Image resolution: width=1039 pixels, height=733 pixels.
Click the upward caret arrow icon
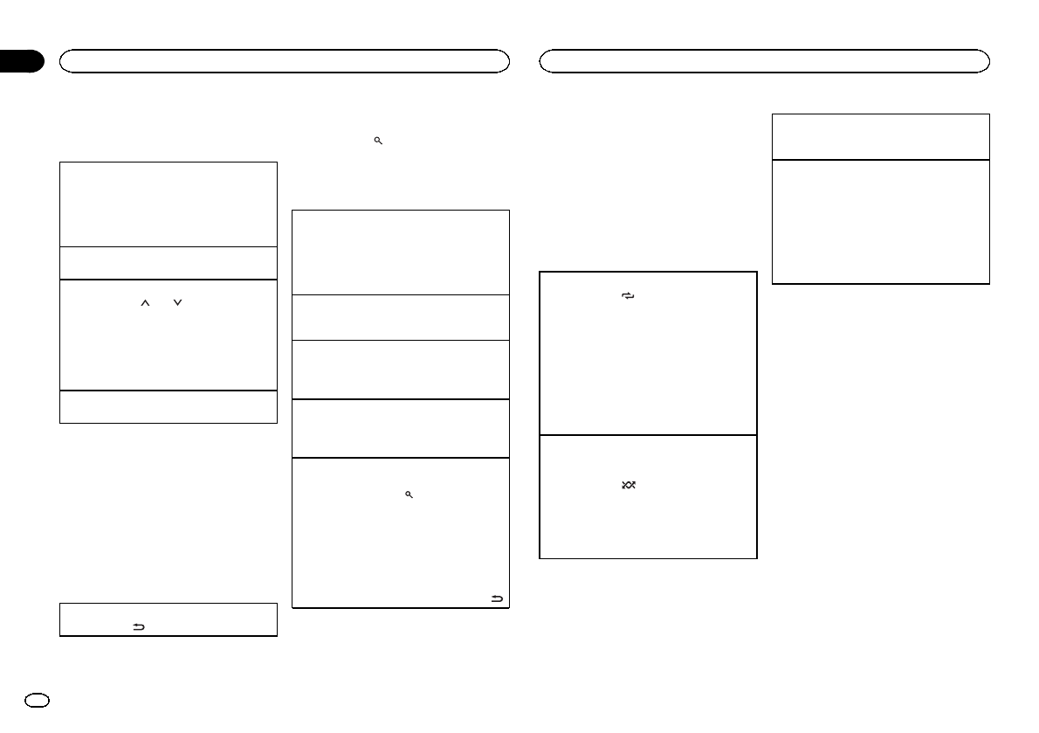tap(146, 302)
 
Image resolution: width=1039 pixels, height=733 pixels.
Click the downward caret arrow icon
tap(177, 302)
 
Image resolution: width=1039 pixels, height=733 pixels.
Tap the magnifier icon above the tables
tap(378, 141)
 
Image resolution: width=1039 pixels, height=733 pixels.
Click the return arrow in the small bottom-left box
tap(138, 626)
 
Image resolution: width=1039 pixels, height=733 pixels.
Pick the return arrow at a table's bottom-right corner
tap(498, 598)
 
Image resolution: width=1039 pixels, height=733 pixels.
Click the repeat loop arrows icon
tap(628, 297)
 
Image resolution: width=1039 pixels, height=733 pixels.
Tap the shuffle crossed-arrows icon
tap(628, 485)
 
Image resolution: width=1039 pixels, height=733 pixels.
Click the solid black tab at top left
tap(21, 61)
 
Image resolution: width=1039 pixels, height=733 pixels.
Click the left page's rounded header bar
tap(284, 60)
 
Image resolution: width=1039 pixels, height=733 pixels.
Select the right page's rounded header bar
tap(764, 60)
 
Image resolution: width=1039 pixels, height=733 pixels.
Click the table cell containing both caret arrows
tap(168, 335)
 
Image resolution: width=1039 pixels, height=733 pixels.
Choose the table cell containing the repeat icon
tap(648, 353)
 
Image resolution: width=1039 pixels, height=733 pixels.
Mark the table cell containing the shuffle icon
tap(648, 496)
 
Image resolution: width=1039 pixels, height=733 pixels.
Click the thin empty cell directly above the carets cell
tap(168, 263)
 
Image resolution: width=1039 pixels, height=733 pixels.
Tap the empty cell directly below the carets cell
tap(168, 407)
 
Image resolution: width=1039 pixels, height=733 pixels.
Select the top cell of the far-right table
tap(881, 136)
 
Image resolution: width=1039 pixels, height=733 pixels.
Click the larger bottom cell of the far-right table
tap(881, 221)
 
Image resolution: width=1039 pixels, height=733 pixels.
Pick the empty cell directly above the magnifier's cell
tap(400, 428)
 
